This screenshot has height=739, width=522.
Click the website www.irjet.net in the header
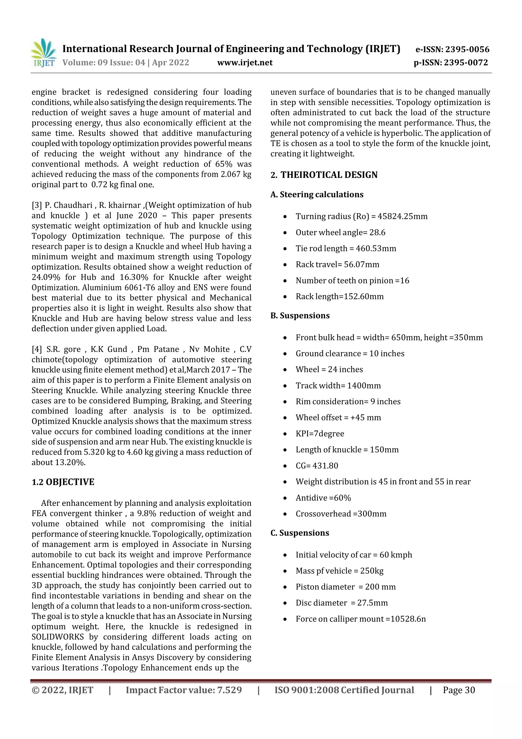245,62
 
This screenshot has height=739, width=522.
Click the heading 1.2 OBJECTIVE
63,482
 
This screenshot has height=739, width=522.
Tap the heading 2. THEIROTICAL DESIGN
324,175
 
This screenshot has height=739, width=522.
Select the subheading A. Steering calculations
317,194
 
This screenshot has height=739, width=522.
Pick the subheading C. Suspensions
300,533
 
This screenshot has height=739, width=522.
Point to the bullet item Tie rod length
346,248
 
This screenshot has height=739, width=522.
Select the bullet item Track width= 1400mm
338,386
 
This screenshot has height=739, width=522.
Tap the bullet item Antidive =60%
323,498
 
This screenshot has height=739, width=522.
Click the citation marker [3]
37,205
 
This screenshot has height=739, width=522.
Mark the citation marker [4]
37,349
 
